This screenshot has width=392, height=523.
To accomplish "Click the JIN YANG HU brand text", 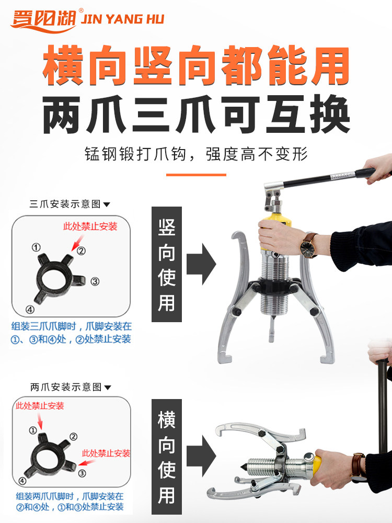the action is click(123, 19).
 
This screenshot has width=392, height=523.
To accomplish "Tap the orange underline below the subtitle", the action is click(196, 175).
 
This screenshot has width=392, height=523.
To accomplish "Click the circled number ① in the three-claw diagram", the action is click(36, 247).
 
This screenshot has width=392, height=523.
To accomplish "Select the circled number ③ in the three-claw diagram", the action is click(95, 281).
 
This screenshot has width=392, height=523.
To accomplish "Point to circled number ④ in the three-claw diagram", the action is click(30, 310).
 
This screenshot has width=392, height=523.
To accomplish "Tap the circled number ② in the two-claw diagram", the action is click(74, 437).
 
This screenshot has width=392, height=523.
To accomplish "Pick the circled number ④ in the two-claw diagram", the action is click(22, 481).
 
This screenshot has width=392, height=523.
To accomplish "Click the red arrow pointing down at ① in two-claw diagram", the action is click(40, 421).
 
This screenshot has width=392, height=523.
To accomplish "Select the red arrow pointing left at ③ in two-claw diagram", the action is click(86, 463).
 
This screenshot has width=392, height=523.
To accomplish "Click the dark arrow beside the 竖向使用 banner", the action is click(201, 264).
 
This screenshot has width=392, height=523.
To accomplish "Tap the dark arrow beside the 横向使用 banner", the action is click(201, 456).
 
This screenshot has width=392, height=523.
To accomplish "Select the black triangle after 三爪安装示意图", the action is click(107, 204).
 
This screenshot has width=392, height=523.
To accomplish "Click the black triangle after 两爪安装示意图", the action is click(107, 388).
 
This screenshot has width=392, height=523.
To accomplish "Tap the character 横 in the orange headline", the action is click(63, 65).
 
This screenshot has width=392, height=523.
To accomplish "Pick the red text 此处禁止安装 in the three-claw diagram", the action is click(90, 226).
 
